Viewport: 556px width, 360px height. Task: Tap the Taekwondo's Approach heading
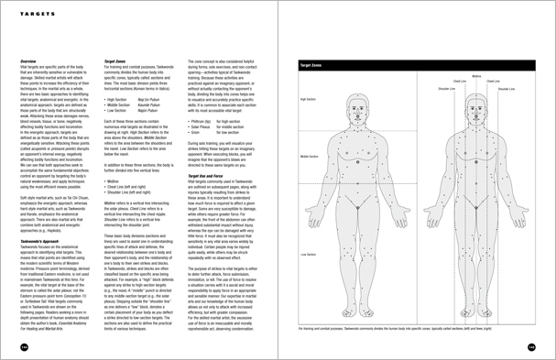(40, 221)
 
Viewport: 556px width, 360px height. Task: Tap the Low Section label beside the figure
(305, 254)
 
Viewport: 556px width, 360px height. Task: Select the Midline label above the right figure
(476, 76)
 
